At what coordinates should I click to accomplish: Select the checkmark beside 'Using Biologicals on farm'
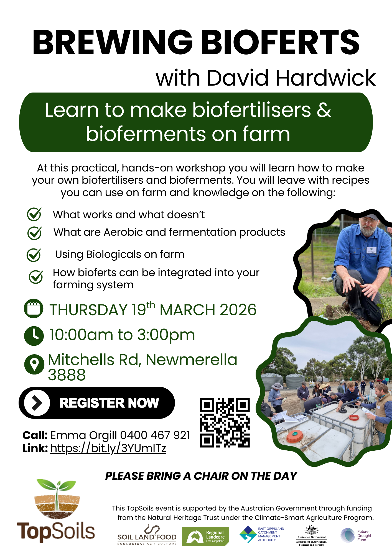[x=34, y=255]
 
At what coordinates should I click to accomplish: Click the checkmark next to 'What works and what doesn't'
[x=34, y=214]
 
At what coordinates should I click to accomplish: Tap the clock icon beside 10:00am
[x=34, y=336]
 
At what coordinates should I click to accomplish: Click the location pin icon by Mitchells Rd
[x=34, y=364]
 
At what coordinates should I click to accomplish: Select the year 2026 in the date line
[x=238, y=310]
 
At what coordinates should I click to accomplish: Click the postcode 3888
[x=67, y=375]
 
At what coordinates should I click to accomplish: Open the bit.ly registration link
[x=108, y=448]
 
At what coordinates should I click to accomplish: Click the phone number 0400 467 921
[x=155, y=435]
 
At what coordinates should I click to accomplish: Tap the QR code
[x=225, y=423]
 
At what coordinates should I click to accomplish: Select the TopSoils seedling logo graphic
[x=57, y=499]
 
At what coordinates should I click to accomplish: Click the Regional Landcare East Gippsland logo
[x=205, y=536]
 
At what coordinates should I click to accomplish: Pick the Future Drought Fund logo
[x=356, y=535]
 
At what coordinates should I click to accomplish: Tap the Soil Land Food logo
[x=147, y=535]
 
